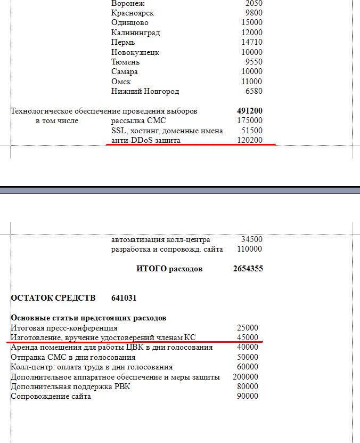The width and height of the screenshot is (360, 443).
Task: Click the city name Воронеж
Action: (128, 4)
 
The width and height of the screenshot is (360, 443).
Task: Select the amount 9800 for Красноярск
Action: (253, 13)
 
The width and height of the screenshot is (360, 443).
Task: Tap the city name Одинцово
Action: (130, 23)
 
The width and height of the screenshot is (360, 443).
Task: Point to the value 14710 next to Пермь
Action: (251, 43)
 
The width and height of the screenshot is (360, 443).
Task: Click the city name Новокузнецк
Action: (135, 52)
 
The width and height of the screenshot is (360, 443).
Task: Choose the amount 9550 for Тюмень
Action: (253, 62)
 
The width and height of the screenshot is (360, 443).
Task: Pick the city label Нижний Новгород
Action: (145, 91)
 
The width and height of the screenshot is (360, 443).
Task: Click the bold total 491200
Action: (250, 111)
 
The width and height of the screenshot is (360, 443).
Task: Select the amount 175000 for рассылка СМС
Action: (250, 120)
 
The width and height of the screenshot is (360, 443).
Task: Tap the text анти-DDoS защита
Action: (146, 140)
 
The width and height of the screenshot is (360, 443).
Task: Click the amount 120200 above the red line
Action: (250, 140)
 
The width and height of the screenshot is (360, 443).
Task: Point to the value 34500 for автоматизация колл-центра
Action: (251, 239)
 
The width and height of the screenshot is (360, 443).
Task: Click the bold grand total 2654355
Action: (248, 269)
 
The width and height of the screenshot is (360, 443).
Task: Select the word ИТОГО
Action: (152, 269)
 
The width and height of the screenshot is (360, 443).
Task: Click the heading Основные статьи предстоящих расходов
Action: (88, 318)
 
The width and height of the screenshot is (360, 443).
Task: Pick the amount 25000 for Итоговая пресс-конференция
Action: (248, 328)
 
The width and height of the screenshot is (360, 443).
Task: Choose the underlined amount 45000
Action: (248, 337)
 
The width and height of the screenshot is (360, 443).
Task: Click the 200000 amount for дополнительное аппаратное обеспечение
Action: (246, 377)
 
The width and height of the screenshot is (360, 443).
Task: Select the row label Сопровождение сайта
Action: (51, 396)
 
